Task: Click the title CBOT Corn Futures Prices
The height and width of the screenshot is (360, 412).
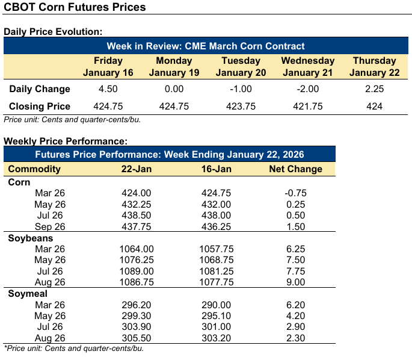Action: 75,8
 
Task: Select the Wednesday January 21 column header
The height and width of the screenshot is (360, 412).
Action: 307,66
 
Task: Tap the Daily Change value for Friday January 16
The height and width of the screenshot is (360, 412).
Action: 108,89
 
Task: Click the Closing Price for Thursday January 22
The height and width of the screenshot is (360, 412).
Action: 374,107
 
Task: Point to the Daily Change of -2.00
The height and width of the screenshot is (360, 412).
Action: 307,89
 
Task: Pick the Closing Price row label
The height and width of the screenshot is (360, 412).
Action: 40,107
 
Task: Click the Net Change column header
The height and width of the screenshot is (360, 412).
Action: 295,169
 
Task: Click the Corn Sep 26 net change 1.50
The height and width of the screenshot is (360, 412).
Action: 295,226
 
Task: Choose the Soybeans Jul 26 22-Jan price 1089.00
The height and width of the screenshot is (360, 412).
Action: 137,272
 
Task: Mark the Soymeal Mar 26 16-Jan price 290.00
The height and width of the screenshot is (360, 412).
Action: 214,305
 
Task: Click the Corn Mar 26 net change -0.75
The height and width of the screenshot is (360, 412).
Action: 295,193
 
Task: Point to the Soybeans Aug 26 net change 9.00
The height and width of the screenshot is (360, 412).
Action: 295,282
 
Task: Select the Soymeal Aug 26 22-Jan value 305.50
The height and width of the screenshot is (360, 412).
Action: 137,338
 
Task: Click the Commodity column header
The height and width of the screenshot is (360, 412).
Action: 34,169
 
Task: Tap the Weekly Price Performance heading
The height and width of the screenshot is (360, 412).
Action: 66,141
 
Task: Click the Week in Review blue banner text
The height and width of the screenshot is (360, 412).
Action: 206,46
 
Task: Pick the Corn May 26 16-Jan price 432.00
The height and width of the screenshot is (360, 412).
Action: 214,204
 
